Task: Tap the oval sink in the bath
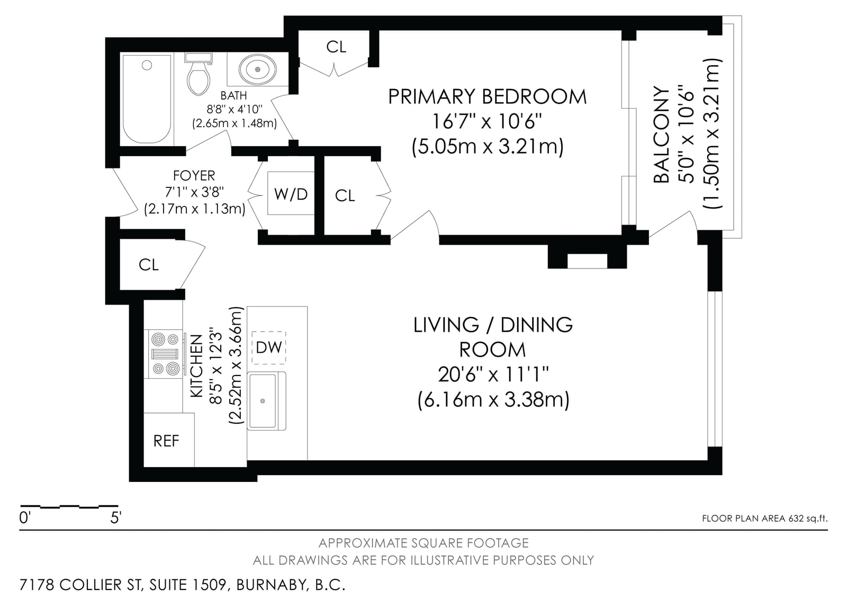pos(257,69)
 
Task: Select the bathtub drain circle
pos(147,66)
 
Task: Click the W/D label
pos(291,194)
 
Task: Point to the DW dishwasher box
pos(269,347)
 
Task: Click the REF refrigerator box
pos(169,440)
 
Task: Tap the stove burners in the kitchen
pos(165,354)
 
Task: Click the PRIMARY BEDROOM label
pos(488,96)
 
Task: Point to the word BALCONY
pos(661,135)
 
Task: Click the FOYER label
pos(194,176)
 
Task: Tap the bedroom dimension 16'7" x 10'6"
pos(486,121)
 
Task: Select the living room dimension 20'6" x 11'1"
pos(493,375)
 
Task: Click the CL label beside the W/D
pos(345,195)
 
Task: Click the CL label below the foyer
pos(149,265)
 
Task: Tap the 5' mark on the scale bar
pos(116,517)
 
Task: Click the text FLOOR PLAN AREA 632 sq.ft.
pos(764,518)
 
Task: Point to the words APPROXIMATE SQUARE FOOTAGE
pos(424,543)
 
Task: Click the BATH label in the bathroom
pos(233,95)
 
